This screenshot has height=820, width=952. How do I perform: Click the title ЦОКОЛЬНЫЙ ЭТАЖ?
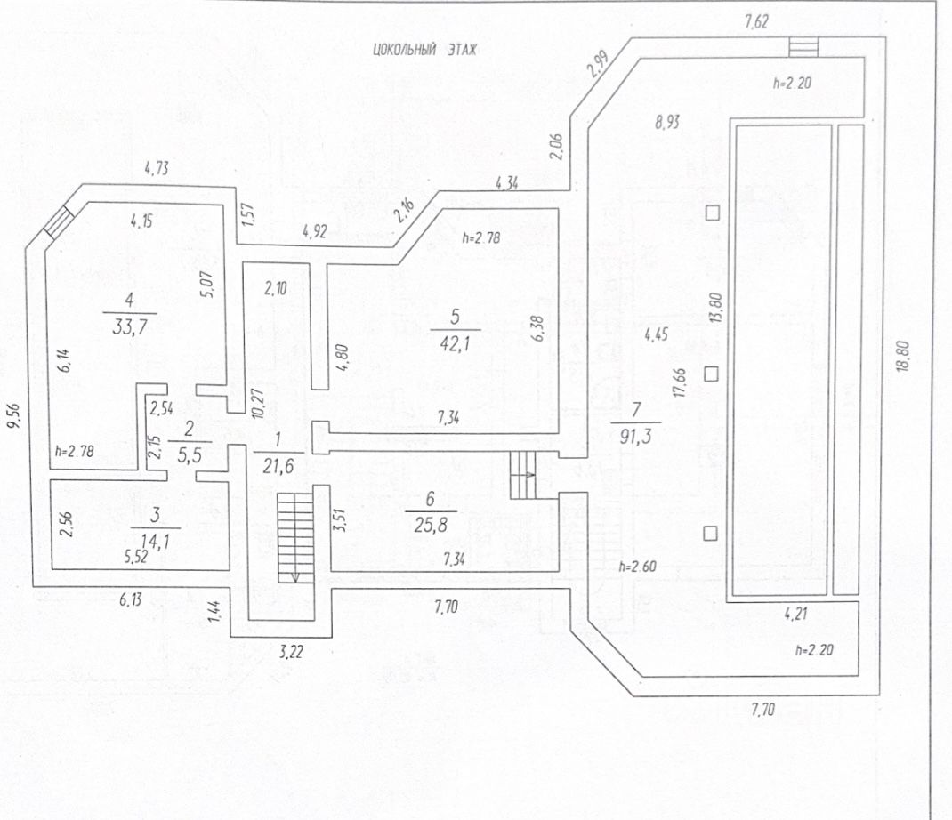coord(425,51)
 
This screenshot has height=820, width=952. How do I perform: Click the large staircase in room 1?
coord(295,536)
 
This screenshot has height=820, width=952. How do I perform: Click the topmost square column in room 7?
coord(712,213)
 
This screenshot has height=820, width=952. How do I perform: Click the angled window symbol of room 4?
coord(58,221)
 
